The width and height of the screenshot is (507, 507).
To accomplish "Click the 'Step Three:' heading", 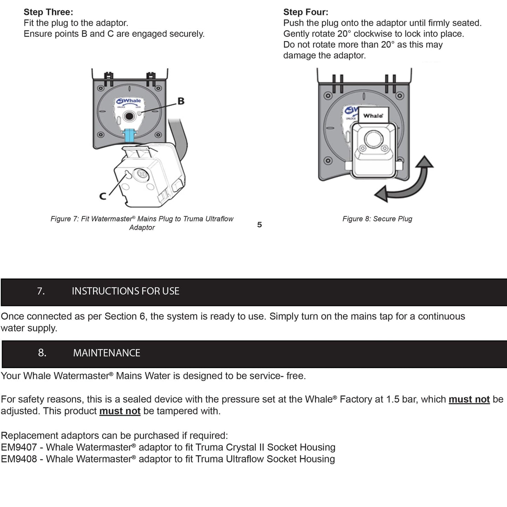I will (x=48, y=12).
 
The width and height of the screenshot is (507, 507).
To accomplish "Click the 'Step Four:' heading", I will (x=306, y=12).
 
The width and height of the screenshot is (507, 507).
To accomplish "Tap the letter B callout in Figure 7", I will (x=181, y=101).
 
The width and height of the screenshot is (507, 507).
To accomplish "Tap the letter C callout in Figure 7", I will (x=102, y=196).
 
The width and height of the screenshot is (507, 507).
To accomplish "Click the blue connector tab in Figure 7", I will (x=129, y=135).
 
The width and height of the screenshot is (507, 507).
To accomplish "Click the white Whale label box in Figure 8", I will (x=373, y=115).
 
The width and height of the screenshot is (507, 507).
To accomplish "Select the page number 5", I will (x=259, y=225).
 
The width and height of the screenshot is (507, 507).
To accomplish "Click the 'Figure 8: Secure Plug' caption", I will (x=377, y=219).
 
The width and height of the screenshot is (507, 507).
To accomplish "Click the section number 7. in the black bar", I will (x=41, y=291).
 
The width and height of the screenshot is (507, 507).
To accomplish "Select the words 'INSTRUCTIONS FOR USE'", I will (x=126, y=291).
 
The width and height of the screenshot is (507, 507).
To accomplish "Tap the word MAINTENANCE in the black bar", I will (x=107, y=353).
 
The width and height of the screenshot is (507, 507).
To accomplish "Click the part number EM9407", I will (x=19, y=447).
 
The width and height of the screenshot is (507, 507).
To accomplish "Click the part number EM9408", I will (x=19, y=459).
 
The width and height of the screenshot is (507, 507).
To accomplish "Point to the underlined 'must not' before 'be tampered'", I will (x=120, y=411).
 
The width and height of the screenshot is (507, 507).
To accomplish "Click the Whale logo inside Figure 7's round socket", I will (x=129, y=101).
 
